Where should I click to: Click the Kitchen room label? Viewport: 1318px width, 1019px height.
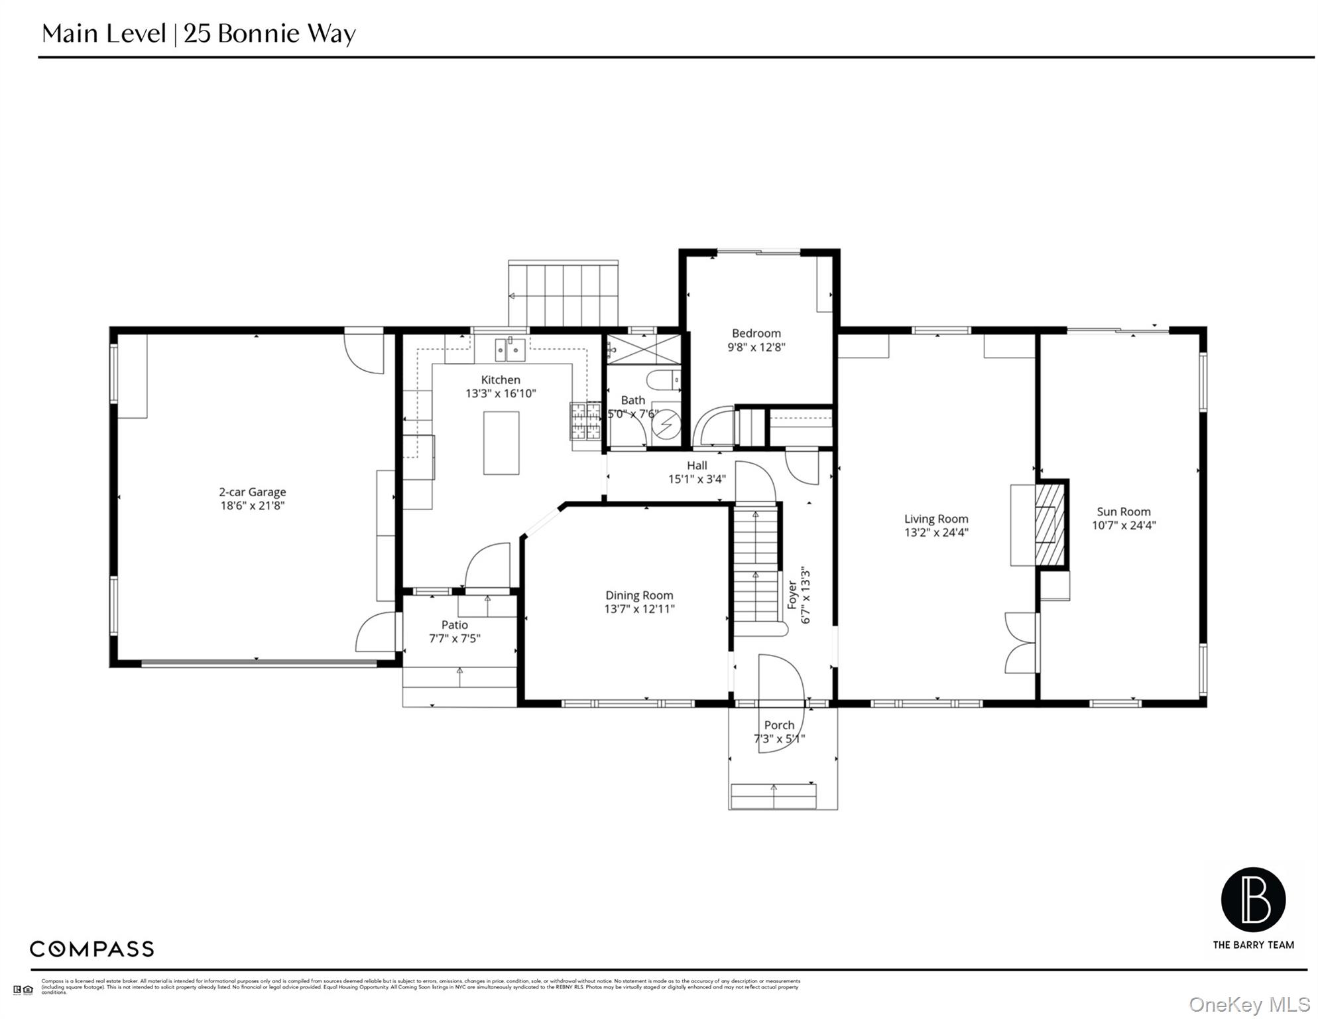[501, 380]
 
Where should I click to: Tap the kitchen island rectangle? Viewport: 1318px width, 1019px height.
[501, 442]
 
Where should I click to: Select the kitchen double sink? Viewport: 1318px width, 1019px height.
[510, 350]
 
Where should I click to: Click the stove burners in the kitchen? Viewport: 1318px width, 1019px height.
[585, 421]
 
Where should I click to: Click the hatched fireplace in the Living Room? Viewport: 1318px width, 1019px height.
[1049, 524]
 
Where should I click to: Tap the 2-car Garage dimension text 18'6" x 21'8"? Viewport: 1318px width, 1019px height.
[252, 506]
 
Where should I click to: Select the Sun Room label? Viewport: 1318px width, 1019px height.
[1123, 511]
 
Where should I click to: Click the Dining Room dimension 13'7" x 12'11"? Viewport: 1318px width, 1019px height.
[639, 609]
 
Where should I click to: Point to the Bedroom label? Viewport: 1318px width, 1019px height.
[756, 333]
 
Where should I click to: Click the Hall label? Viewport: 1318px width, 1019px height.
[697, 466]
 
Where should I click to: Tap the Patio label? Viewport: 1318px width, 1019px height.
[455, 625]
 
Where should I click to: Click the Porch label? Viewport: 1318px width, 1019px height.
[779, 725]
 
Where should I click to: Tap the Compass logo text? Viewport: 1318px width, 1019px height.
[91, 949]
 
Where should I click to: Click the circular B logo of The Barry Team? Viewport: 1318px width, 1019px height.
[1253, 900]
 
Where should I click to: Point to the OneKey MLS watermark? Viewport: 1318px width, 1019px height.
[1249, 1004]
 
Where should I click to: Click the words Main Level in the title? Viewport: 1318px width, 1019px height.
[103, 33]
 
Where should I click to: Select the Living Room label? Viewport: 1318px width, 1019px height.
[936, 519]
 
